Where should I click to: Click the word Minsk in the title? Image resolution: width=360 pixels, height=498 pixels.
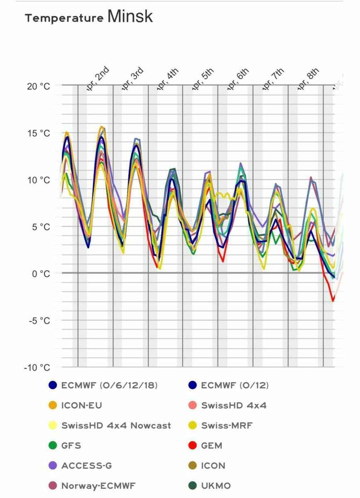[130, 17]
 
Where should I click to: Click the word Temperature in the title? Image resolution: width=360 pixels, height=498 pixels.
[64, 18]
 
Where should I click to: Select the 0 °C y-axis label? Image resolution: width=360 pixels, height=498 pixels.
[41, 273]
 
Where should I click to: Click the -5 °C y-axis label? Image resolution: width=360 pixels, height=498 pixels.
[39, 320]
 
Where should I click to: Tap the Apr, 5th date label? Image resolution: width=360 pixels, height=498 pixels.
[202, 77]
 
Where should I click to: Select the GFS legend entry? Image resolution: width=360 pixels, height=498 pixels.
[71, 446]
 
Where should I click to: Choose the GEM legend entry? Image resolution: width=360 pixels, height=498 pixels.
[211, 446]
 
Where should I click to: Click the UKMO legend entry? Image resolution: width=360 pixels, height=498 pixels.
[216, 486]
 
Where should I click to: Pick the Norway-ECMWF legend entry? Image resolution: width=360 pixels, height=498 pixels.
[98, 486]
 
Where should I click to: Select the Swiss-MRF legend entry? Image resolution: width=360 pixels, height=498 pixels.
[227, 425]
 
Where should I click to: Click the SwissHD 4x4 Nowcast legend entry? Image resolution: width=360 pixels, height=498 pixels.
[116, 425]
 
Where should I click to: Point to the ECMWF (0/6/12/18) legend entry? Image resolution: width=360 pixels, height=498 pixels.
[109, 385]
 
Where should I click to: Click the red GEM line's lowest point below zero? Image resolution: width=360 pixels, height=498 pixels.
[333, 300]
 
